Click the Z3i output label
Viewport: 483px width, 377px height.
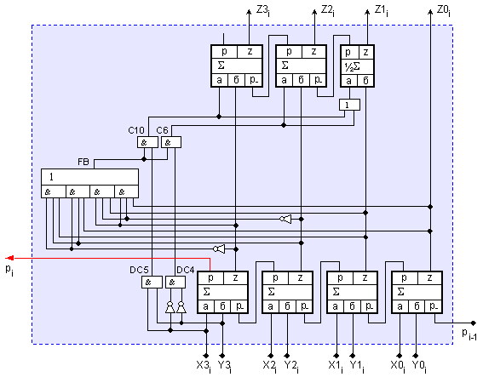(x=263, y=11)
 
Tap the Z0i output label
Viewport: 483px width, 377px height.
(x=444, y=11)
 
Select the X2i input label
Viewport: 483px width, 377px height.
(x=269, y=366)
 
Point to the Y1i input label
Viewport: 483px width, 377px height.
(x=357, y=366)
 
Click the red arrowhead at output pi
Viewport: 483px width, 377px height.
(x=9, y=258)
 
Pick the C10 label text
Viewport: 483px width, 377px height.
(x=136, y=130)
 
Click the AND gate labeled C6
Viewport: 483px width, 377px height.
(x=171, y=142)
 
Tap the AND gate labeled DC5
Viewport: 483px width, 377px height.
(x=152, y=283)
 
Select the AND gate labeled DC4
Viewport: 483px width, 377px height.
(x=175, y=283)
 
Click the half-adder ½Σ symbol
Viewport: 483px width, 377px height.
(x=352, y=66)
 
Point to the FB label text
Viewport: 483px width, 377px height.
(x=83, y=162)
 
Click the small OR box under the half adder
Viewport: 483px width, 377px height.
(x=349, y=105)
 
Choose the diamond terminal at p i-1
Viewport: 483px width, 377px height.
(x=474, y=323)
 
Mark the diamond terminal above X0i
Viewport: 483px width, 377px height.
(x=400, y=356)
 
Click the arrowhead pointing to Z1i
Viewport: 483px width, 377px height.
(x=367, y=12)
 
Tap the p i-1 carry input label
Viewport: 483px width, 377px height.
(x=469, y=334)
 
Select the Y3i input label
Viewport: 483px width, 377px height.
(x=225, y=366)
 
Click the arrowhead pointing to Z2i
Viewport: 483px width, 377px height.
(x=314, y=12)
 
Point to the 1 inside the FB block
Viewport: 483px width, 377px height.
(x=51, y=177)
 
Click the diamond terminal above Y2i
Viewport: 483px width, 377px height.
(x=287, y=356)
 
